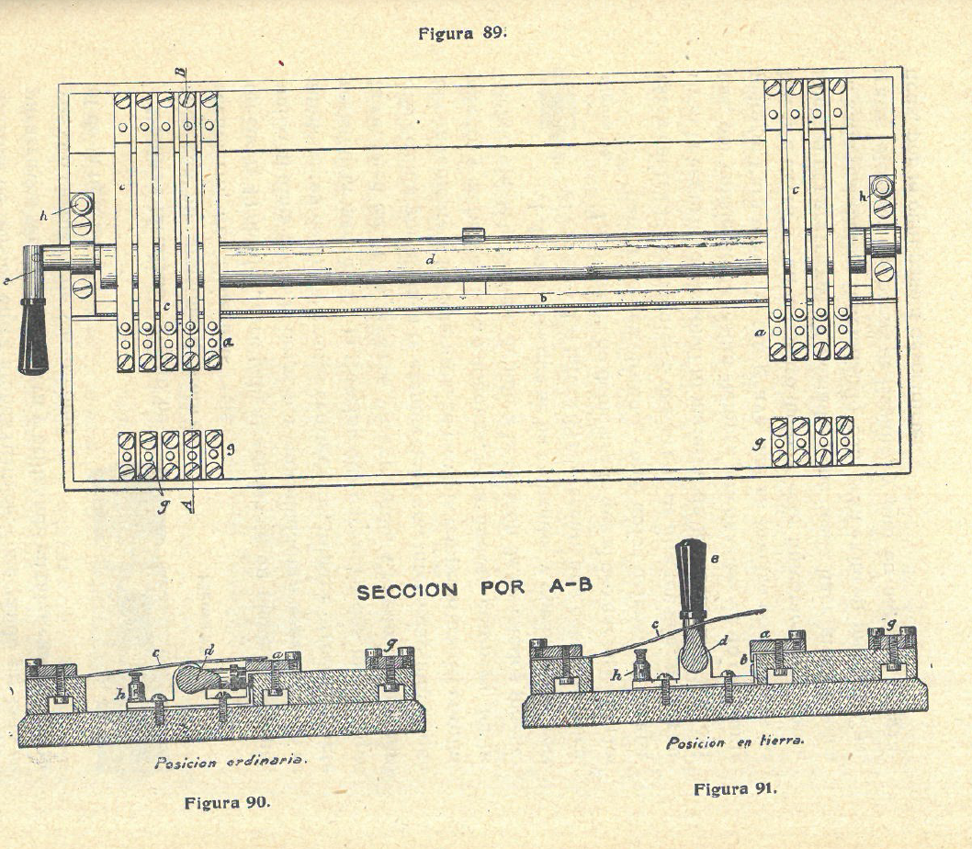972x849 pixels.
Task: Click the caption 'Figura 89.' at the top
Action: [462, 34]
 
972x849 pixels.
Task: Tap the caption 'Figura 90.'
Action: [227, 801]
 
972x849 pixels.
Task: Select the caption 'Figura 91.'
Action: [735, 789]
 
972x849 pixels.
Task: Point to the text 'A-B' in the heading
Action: [571, 588]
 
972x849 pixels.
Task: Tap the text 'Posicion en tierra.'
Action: [735, 742]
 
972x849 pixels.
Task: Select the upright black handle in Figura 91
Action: [691, 578]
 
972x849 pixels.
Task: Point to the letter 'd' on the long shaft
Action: [428, 261]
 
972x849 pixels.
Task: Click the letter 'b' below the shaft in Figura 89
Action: [543, 299]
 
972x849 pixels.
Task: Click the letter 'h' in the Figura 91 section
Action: [616, 674]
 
